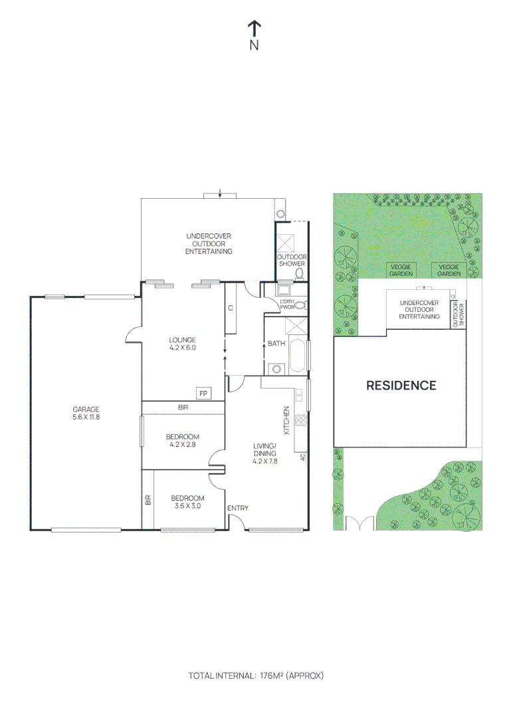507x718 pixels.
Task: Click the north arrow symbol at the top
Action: click(254, 28)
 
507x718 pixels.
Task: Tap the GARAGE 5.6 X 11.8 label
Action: click(85, 413)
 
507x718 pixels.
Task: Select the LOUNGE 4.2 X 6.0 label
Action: click(182, 343)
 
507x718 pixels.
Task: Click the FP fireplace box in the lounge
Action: click(203, 393)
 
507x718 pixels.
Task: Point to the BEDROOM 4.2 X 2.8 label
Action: click(182, 441)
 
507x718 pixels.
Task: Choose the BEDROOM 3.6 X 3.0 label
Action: click(187, 502)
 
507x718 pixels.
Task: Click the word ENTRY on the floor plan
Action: click(238, 509)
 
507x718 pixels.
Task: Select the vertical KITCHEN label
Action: click(287, 419)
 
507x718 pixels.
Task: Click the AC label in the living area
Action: click(302, 457)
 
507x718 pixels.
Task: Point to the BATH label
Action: click(276, 344)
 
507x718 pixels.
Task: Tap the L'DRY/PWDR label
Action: click(288, 305)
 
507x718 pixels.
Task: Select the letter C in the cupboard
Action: click(231, 308)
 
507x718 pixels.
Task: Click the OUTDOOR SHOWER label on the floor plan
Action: click(291, 260)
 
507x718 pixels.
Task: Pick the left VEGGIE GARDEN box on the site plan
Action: click(401, 269)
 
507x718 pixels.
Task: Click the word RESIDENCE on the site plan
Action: click(401, 385)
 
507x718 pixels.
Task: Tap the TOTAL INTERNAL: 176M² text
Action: click(256, 675)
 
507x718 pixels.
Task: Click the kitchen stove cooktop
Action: click(300, 420)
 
